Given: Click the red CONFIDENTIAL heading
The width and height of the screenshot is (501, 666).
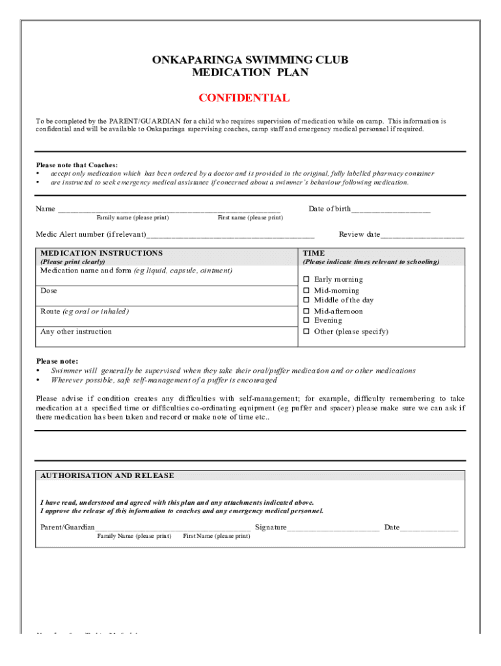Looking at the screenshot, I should click(x=244, y=98).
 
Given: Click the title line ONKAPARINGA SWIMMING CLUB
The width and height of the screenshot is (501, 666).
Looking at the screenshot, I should click(x=250, y=60).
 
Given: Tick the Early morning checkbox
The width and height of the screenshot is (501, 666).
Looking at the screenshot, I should click(x=306, y=280).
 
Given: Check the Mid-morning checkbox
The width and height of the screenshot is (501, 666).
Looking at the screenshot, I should click(x=306, y=291).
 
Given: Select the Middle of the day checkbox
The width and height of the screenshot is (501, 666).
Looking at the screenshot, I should click(x=306, y=300).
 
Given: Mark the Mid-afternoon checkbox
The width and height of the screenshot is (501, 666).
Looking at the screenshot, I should click(x=306, y=312).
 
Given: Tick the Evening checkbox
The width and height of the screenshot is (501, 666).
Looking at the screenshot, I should click(x=306, y=321).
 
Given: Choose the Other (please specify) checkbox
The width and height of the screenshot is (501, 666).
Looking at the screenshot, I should click(x=306, y=332).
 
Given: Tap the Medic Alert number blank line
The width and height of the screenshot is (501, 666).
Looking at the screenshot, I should click(x=230, y=235).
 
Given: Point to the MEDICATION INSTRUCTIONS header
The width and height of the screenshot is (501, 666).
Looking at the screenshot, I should click(x=102, y=253).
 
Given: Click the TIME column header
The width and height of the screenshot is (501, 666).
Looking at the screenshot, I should click(x=314, y=253).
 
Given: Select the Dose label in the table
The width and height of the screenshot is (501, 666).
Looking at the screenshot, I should click(x=49, y=291).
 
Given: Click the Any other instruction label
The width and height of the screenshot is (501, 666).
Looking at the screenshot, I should click(x=76, y=332).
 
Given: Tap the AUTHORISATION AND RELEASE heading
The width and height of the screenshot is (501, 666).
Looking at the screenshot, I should click(x=107, y=475).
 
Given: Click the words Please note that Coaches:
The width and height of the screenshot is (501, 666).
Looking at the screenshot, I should click(x=77, y=165).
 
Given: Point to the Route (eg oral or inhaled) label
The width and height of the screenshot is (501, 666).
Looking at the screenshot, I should click(x=85, y=312).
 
